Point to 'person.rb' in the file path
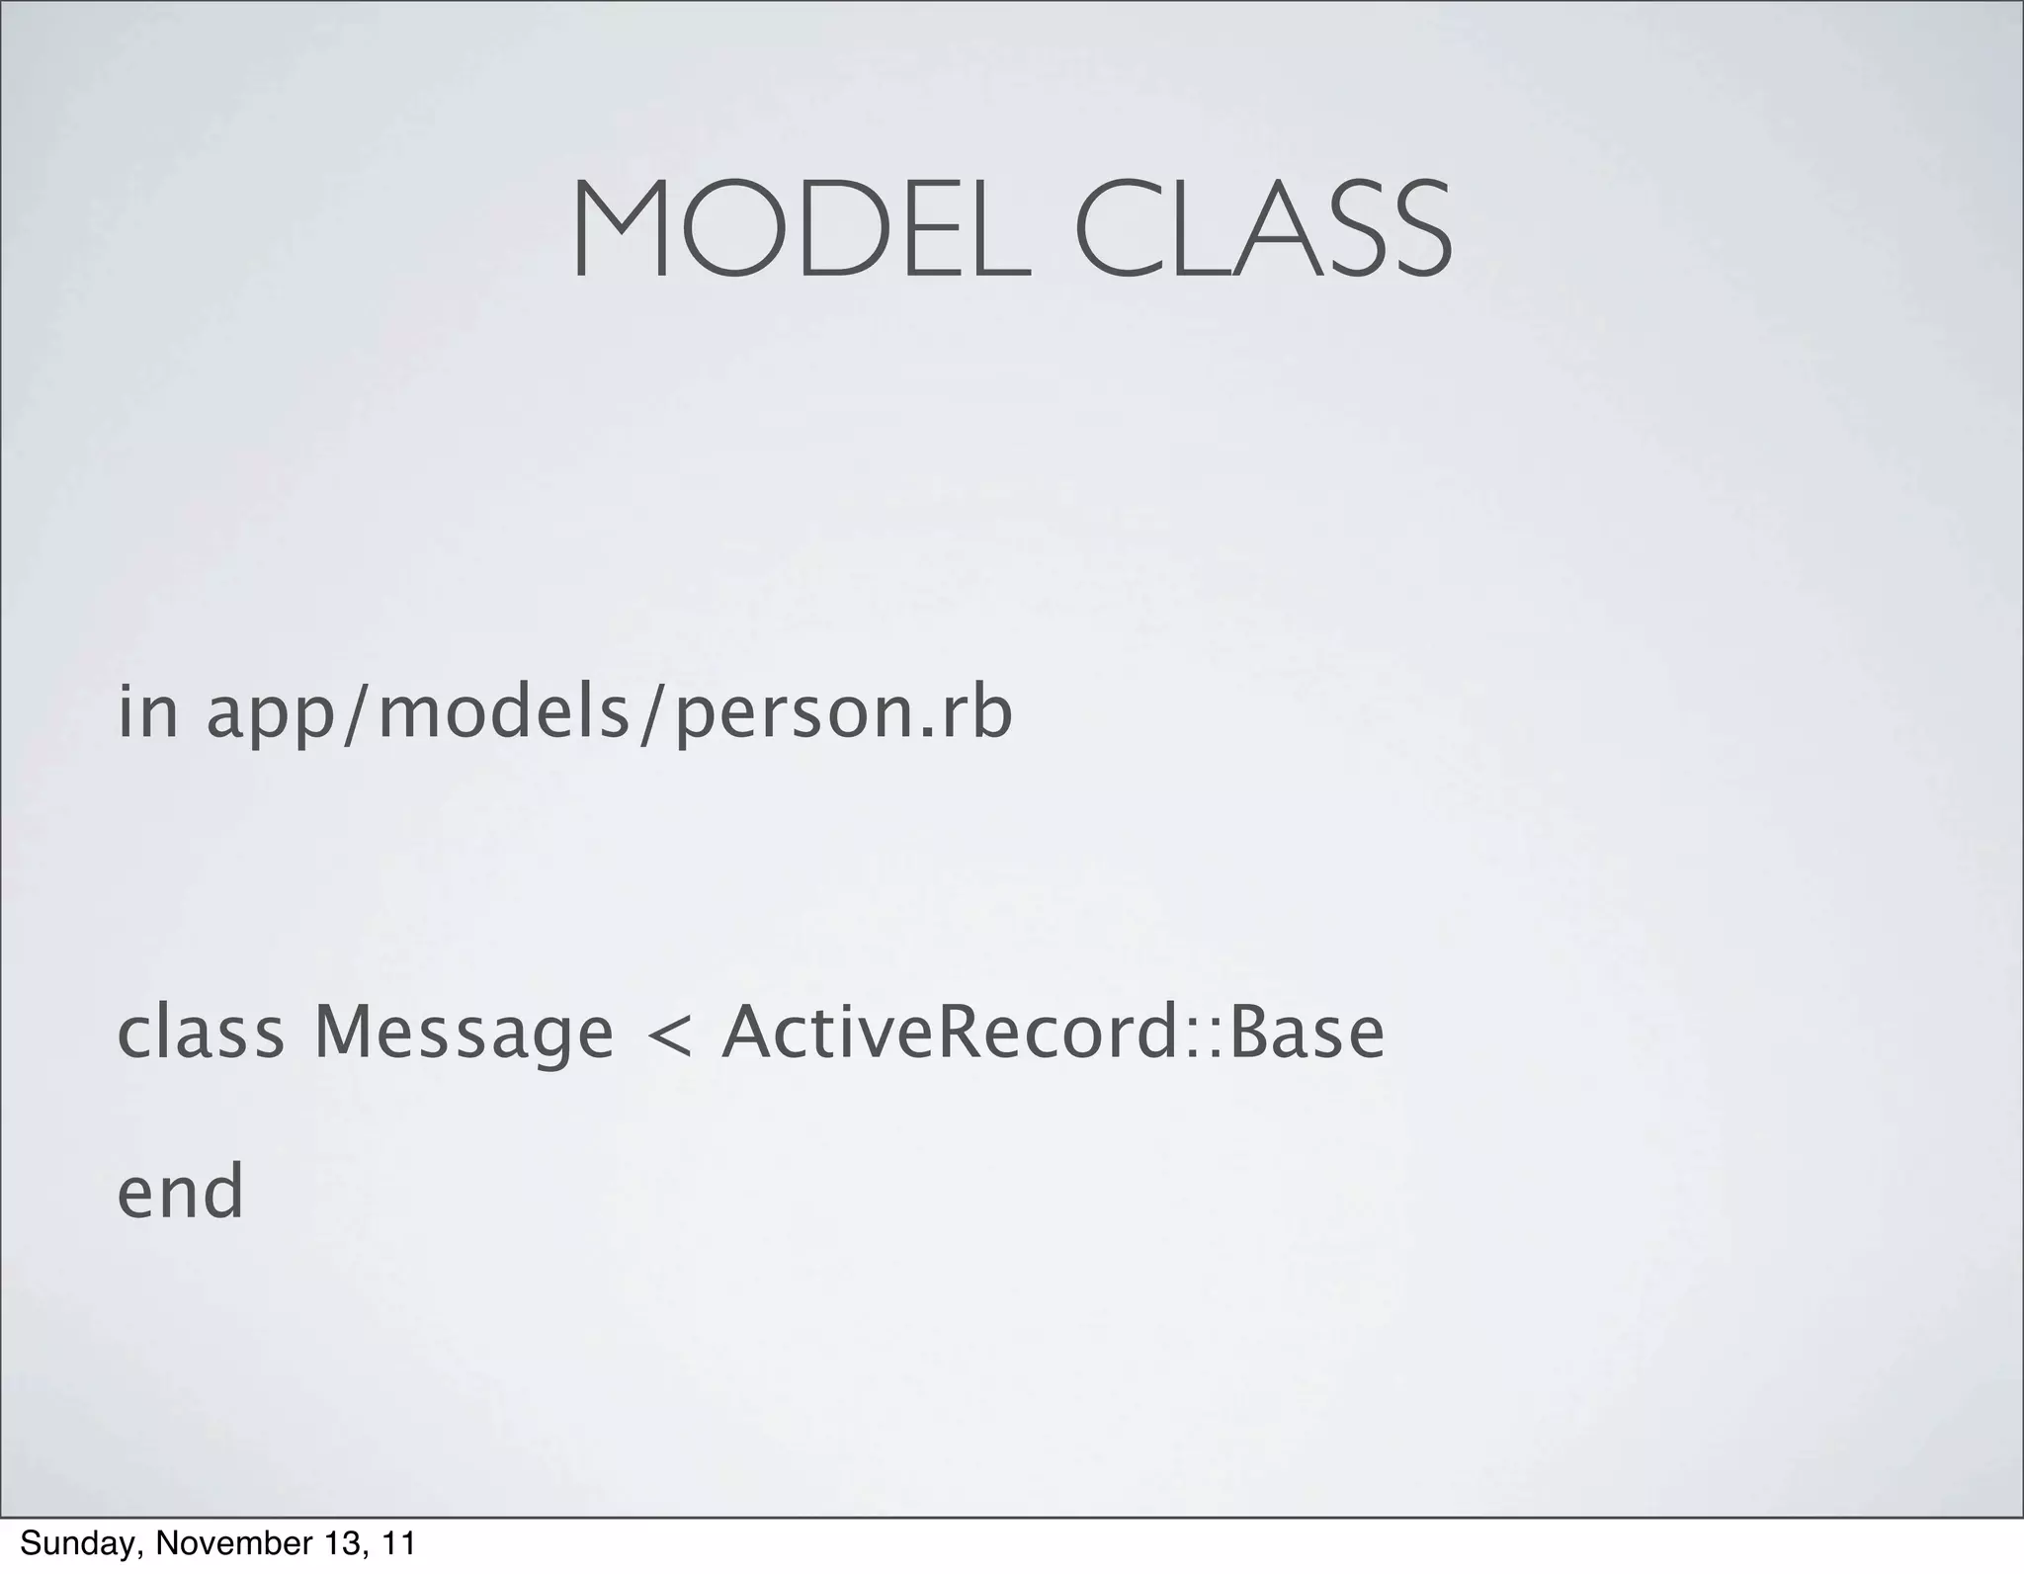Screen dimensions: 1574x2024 click(x=843, y=716)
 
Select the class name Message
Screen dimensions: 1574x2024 click(x=464, y=1036)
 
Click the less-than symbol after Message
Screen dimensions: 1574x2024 click(x=667, y=1036)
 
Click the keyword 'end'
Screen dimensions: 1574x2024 click(x=180, y=1191)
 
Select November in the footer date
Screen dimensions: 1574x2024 click(x=206, y=1543)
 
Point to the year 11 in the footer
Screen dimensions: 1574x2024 click(x=398, y=1543)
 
